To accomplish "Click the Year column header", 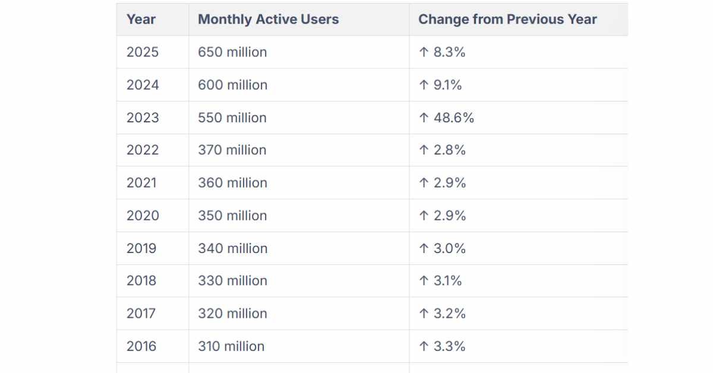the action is tap(141, 20).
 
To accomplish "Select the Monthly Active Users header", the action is tap(269, 20).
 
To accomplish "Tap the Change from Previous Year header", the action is tap(507, 20).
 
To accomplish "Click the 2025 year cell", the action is tap(142, 52).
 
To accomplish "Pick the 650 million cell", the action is tap(232, 52).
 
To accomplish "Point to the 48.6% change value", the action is tap(453, 118).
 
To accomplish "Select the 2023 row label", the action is tap(143, 118).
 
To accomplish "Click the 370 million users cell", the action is tap(232, 150).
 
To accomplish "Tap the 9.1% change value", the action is tap(447, 85).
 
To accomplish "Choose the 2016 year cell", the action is tap(141, 346).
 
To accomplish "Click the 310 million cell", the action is tap(231, 346).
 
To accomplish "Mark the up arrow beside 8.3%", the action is tap(424, 52).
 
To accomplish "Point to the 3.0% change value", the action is tap(449, 248).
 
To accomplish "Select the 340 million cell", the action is tap(233, 248).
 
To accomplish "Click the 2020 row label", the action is tap(143, 216).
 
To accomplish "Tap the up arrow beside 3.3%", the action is tap(424, 346).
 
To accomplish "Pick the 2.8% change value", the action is tap(449, 150).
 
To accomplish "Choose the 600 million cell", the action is tap(233, 85).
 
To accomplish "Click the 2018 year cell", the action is tap(141, 281).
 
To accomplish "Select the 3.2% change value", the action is tap(449, 314).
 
